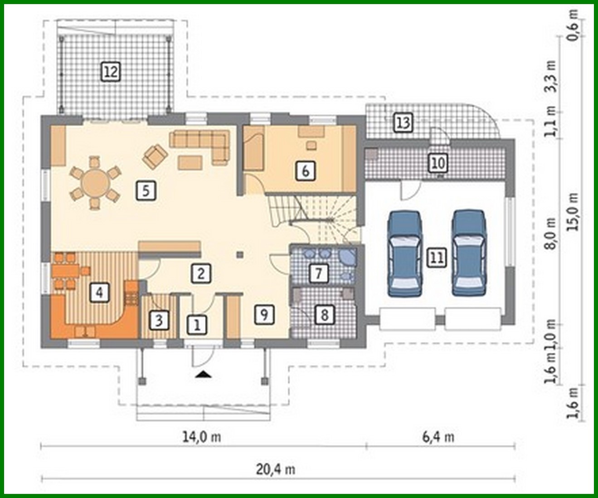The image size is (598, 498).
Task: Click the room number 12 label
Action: point(111,71)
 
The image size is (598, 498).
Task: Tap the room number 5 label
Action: point(146,190)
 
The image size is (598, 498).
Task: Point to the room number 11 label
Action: point(437,258)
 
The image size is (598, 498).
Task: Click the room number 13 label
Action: point(403,122)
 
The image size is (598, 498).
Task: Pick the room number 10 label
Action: point(438,163)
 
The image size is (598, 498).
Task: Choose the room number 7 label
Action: point(318,273)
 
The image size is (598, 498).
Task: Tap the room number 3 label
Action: point(159,320)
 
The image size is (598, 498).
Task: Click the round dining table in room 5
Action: point(95,183)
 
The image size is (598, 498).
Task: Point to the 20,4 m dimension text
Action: point(276,469)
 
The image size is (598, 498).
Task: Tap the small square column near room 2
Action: point(240,255)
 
